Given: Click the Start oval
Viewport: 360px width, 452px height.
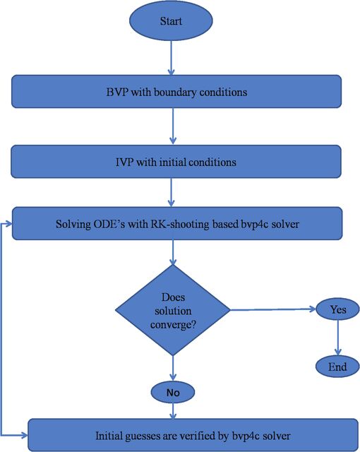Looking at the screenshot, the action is (x=171, y=20).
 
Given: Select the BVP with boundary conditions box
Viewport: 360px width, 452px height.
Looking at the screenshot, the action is (x=176, y=92).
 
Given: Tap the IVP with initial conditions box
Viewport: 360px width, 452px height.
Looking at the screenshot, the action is (x=176, y=162).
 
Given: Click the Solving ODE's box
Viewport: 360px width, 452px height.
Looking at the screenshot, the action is (x=177, y=223).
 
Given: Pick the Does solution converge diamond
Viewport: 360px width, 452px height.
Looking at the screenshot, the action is (x=173, y=310).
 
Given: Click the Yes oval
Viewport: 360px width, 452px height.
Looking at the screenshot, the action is (x=337, y=309).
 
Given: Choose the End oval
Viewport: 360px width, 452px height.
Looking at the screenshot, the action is (x=337, y=367).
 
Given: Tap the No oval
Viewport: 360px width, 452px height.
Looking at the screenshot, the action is (x=173, y=393).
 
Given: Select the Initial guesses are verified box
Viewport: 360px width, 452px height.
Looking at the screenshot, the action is (x=193, y=435).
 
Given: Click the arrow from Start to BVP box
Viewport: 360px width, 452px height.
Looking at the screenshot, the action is (x=172, y=58).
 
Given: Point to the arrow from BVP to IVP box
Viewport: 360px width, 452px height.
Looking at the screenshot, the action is (x=173, y=126).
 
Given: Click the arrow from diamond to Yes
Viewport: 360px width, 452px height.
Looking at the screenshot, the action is (x=273, y=309).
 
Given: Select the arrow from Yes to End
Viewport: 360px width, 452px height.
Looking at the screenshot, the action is (x=338, y=338).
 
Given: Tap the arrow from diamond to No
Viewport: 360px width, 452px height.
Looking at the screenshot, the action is (x=173, y=369).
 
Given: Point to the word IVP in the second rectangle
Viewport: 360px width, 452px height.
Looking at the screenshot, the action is (x=124, y=162).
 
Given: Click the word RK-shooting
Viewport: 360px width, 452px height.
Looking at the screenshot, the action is (x=180, y=225).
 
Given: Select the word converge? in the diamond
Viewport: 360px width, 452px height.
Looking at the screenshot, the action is (x=173, y=325).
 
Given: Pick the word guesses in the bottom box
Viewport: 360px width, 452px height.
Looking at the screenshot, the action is (x=142, y=436).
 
